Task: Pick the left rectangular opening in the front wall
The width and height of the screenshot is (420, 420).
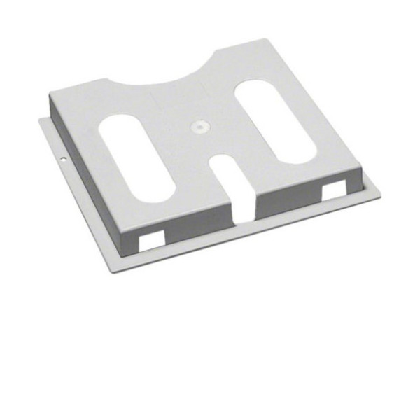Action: tap(152, 239)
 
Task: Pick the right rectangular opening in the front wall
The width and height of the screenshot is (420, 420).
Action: tap(333, 190)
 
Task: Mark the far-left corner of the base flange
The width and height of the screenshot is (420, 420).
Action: tap(39, 119)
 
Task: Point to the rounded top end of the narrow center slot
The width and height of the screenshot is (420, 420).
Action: tap(225, 165)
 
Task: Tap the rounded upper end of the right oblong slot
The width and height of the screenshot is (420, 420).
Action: tap(253, 87)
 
